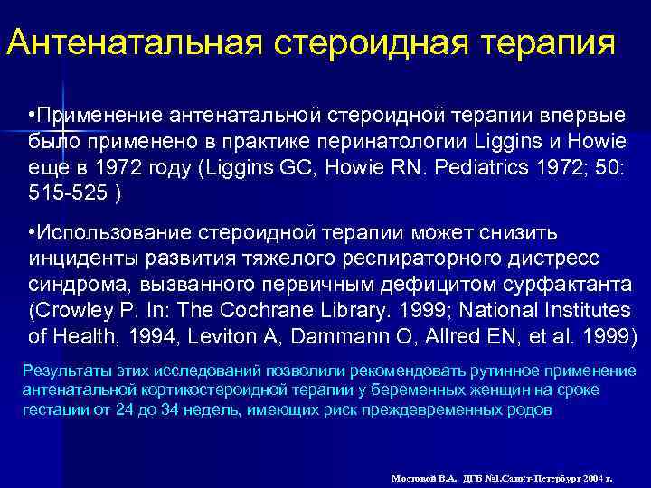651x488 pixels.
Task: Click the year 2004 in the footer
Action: click(591, 476)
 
